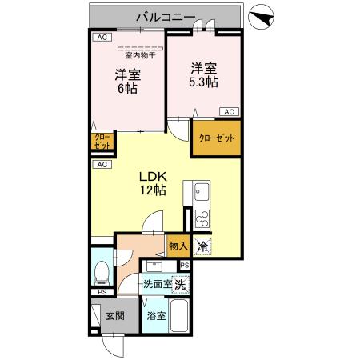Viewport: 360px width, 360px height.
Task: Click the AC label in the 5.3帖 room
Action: pyautogui.click(x=229, y=112)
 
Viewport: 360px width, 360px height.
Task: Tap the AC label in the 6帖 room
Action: pyautogui.click(x=102, y=38)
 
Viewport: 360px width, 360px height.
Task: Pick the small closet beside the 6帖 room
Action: pyautogui.click(x=102, y=142)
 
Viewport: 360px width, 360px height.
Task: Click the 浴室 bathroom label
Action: pyautogui.click(x=156, y=316)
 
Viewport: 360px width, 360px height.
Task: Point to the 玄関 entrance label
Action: pyautogui.click(x=114, y=315)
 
